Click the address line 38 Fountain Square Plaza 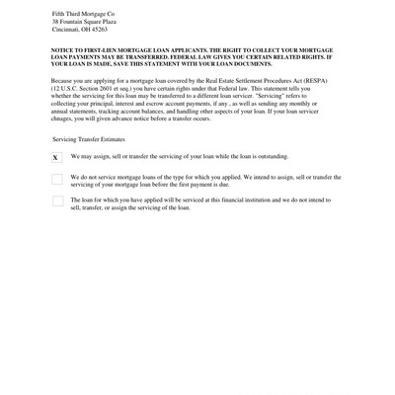pyautogui.click(x=80, y=22)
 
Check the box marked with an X pyautogui.click(x=56, y=157)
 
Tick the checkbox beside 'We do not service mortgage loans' pyautogui.click(x=56, y=179)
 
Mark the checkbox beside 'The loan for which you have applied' pyautogui.click(x=56, y=201)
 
